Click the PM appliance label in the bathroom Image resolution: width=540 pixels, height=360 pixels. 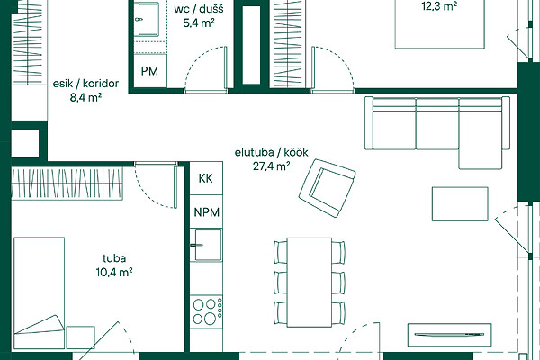coord(149,71)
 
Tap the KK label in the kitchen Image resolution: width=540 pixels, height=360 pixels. coord(205,178)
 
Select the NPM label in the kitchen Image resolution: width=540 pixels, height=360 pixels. coord(207,212)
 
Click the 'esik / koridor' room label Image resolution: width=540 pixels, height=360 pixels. coord(85,84)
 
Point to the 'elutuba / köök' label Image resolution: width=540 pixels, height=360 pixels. coord(272,152)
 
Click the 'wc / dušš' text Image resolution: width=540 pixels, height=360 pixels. coord(199,9)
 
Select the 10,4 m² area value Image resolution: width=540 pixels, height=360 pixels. coord(114,272)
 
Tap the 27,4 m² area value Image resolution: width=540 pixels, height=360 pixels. coord(272,166)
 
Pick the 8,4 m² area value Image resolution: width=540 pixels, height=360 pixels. coord(85,98)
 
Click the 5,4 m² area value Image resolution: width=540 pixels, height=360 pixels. coord(199,23)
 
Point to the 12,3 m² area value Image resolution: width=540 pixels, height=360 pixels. coord(439,6)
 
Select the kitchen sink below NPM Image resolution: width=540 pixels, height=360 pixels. coord(208,245)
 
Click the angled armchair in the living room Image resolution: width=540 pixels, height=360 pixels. coord(328,188)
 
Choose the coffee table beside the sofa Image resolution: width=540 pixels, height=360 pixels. coord(460,204)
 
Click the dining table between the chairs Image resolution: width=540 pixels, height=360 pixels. coord(310,283)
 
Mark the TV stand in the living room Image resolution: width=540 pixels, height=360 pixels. coord(449,335)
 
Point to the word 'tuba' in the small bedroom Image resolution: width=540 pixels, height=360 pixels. coord(114,258)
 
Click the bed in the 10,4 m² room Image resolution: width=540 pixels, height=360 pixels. coord(40,292)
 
